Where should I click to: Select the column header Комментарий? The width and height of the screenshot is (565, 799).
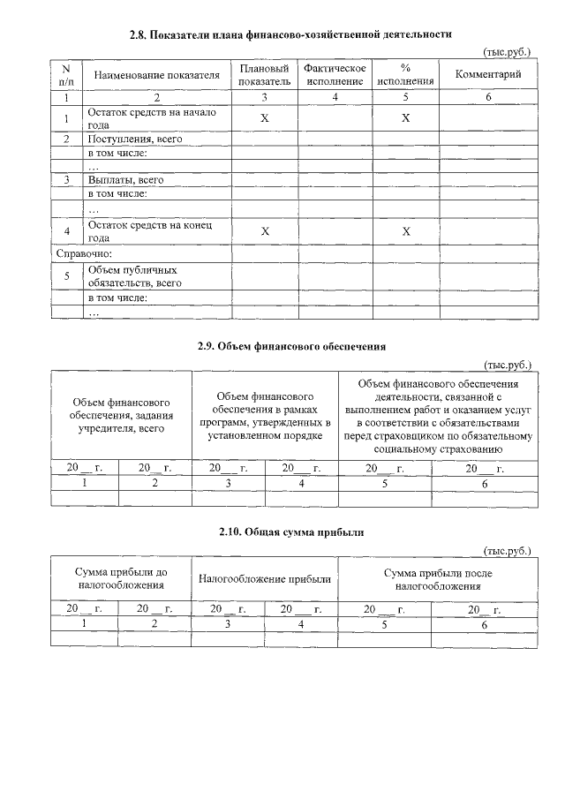pos(488,74)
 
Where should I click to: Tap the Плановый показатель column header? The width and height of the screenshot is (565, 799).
pos(264,74)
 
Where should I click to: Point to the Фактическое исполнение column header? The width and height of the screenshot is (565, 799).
pos(335,74)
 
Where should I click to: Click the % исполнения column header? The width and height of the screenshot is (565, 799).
pos(405,74)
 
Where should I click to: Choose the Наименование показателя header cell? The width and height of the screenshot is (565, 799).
pos(156,75)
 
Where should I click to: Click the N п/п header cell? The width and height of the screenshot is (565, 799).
pos(66,74)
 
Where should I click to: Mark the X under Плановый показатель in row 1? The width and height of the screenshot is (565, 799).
pos(264,117)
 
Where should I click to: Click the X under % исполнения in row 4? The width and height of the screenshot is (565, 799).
pos(405,231)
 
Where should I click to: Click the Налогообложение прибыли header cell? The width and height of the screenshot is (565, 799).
pos(265,579)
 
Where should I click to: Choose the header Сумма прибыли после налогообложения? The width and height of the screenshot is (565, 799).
pos(438,579)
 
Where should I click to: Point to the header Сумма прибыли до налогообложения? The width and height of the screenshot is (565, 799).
pos(121,579)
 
